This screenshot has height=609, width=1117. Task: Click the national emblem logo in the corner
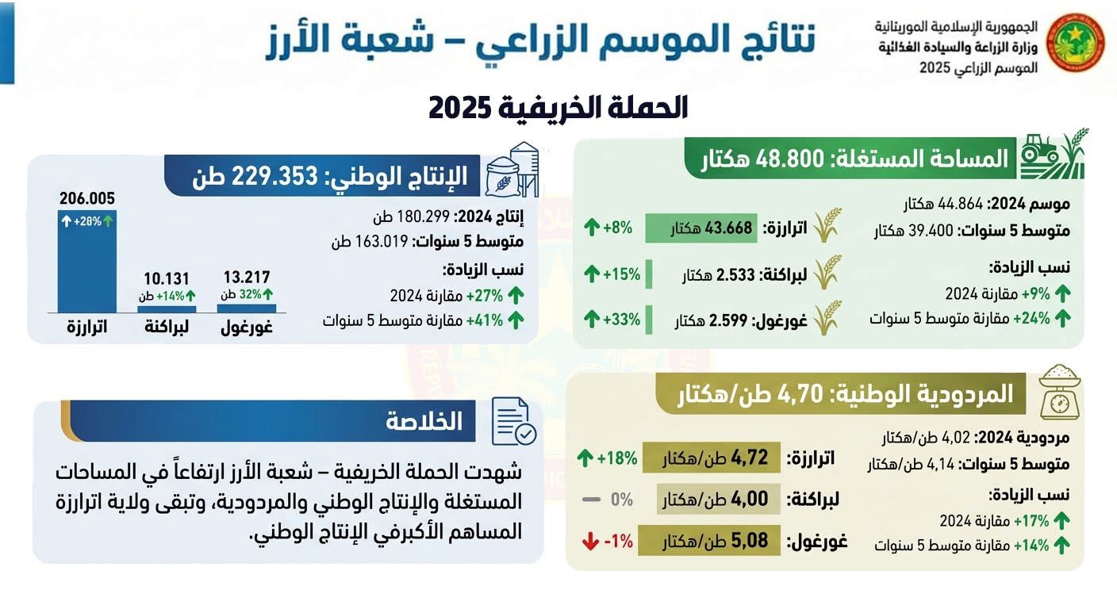point(1076,43)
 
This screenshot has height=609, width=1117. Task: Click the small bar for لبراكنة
point(167,308)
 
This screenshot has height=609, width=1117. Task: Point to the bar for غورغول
point(246,308)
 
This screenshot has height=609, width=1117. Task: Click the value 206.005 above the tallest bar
point(86,198)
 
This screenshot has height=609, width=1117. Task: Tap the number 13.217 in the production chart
point(246,278)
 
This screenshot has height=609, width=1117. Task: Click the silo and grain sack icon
point(512,170)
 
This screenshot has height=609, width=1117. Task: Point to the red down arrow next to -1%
point(589,542)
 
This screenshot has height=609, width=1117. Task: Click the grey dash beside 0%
point(590,500)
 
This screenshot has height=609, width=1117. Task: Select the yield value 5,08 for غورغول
point(750,542)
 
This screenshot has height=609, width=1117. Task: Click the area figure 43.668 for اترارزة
point(733,229)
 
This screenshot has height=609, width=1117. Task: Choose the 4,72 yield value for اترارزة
point(750,458)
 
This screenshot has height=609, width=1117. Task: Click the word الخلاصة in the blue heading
point(424,421)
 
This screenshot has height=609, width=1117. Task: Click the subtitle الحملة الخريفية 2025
point(558,108)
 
